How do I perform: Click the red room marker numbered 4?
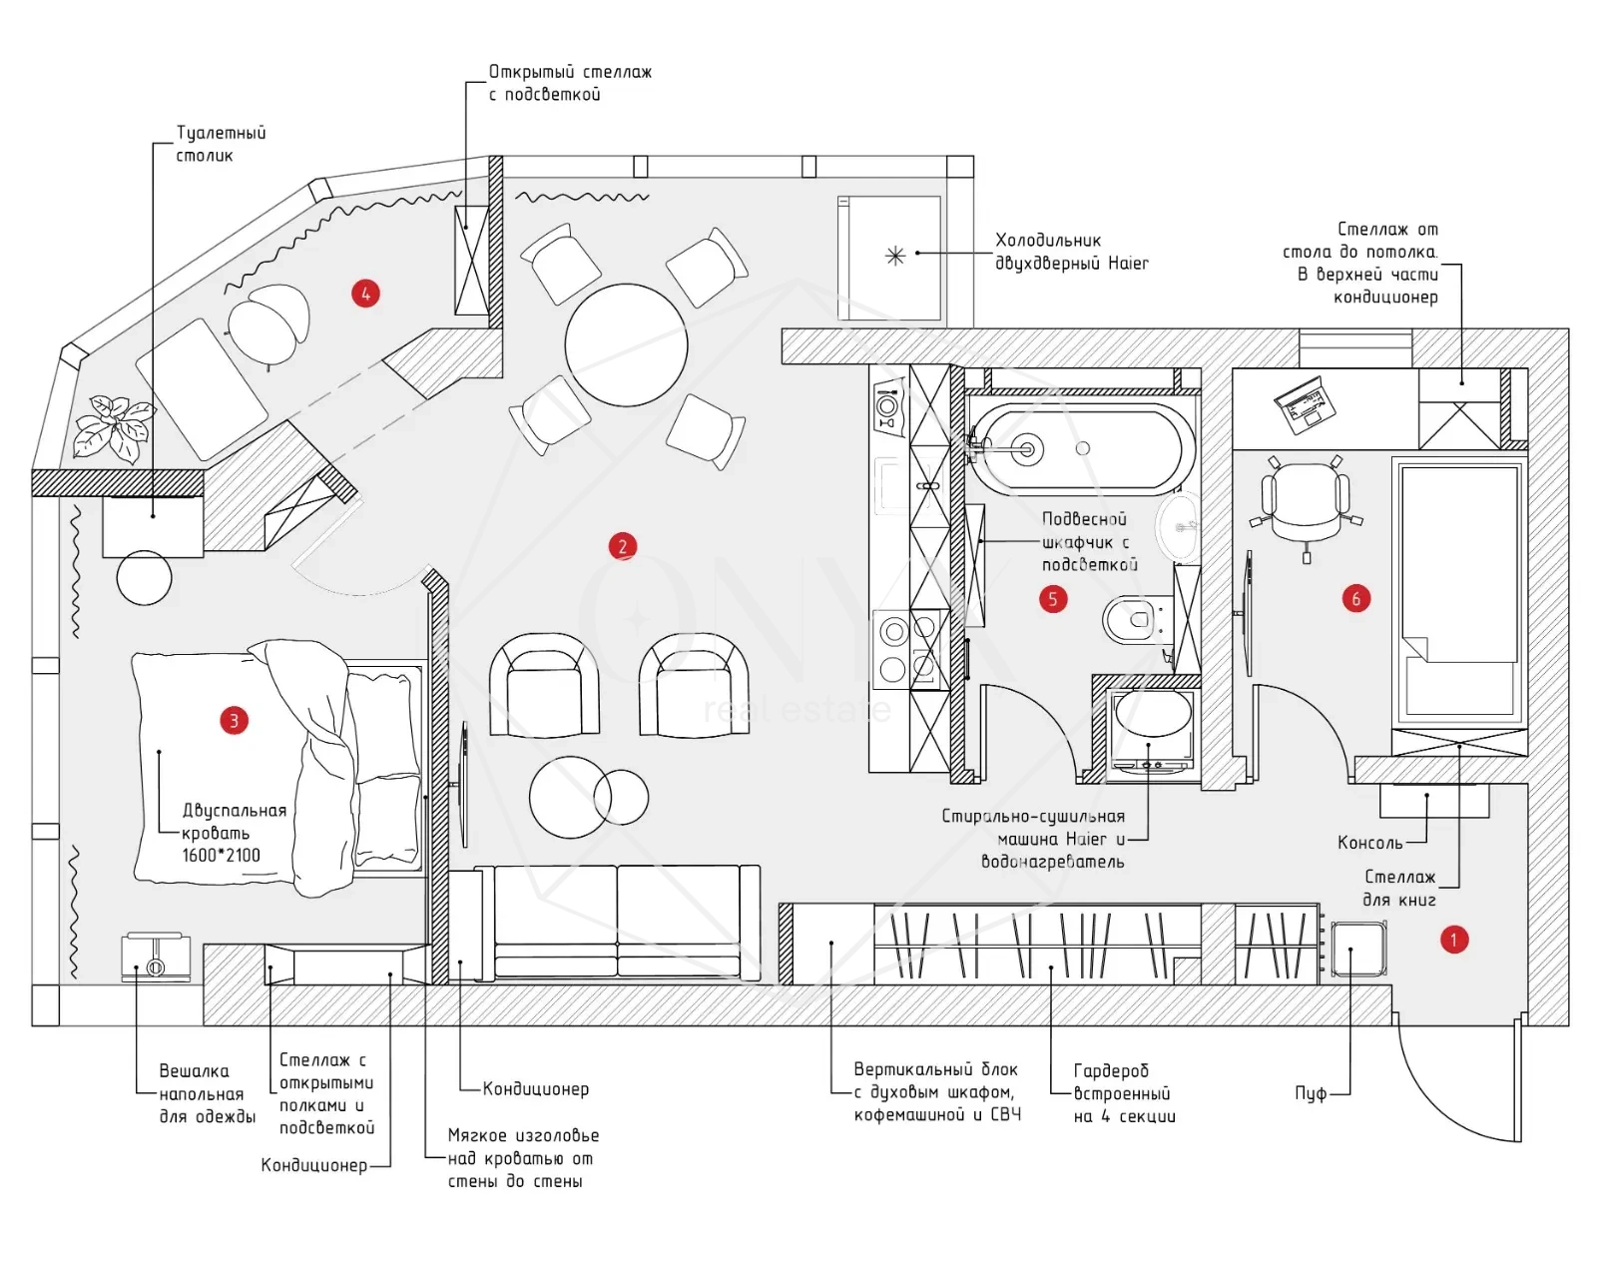click(x=365, y=294)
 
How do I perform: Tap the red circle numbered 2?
click(x=623, y=546)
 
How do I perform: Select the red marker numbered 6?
click(x=1355, y=599)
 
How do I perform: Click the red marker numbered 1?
click(x=1454, y=940)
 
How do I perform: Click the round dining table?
click(x=626, y=344)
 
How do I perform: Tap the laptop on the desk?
click(x=1305, y=405)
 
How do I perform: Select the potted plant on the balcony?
click(x=112, y=426)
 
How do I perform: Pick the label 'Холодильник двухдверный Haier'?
click(x=1071, y=252)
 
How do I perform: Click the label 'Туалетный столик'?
click(x=221, y=144)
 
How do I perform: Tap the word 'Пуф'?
click(x=1311, y=1093)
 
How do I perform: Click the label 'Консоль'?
click(x=1369, y=843)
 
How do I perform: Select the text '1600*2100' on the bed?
click(x=221, y=856)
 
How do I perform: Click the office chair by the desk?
click(x=1306, y=500)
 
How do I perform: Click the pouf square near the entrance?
click(x=1358, y=949)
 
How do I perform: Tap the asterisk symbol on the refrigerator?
click(x=895, y=256)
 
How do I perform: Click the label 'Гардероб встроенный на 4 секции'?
click(x=1124, y=1093)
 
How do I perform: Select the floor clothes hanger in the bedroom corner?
click(x=155, y=957)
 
